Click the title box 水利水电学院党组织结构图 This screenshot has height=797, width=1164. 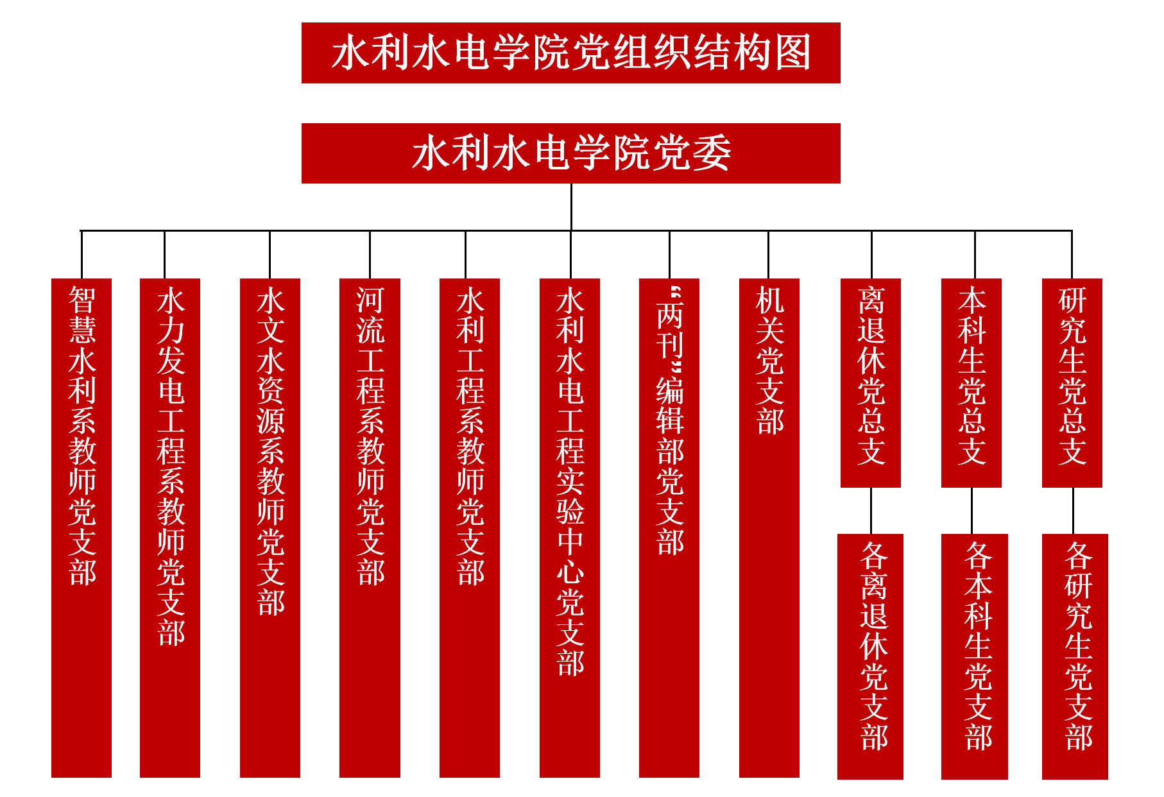[570, 53]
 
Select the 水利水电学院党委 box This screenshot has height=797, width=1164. [570, 153]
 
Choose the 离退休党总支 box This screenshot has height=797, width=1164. [871, 382]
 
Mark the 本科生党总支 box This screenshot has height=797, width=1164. [971, 382]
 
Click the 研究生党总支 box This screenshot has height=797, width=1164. [1072, 382]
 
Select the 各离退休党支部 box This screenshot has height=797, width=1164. [871, 656]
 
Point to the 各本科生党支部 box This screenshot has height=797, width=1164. [975, 656]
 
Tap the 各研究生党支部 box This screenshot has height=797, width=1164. [1075, 656]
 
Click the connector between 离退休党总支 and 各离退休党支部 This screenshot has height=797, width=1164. [871, 511]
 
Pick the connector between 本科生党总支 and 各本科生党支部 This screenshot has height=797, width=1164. [971, 511]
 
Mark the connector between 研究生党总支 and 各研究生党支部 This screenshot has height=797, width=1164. [1073, 511]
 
